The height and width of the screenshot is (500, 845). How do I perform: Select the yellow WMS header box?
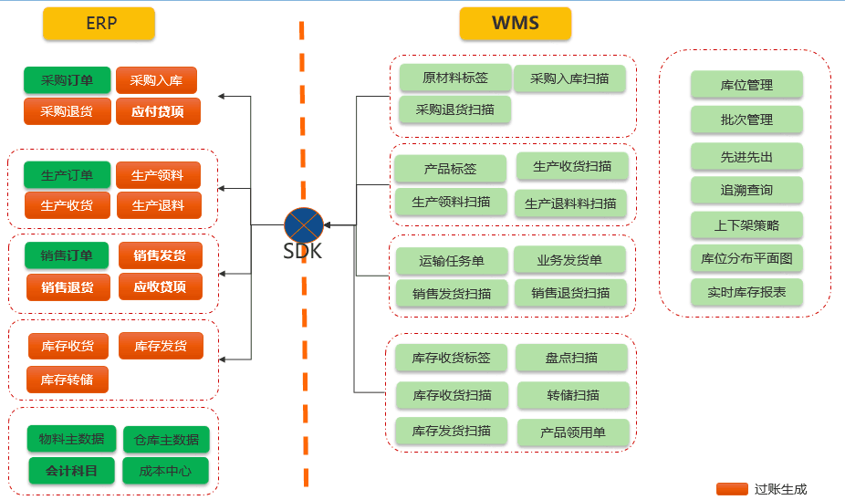tap(515, 24)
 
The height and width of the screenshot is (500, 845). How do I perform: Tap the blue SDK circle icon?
tap(303, 224)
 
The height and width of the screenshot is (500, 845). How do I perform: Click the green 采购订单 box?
tap(67, 80)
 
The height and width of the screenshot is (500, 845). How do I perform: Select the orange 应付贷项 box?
tap(157, 111)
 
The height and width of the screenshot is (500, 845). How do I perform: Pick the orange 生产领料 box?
tap(157, 175)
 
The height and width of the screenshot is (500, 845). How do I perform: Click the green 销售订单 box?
tap(67, 255)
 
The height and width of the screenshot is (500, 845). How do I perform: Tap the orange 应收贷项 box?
tap(160, 286)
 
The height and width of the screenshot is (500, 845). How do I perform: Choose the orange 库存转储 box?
tap(67, 379)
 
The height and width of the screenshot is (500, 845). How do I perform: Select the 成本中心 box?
tap(165, 471)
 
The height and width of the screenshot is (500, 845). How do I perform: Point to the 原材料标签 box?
tap(454, 78)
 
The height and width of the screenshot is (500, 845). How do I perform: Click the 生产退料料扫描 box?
tap(570, 203)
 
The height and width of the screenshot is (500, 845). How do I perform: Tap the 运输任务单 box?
tap(451, 261)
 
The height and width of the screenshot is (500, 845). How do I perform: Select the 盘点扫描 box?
tap(571, 358)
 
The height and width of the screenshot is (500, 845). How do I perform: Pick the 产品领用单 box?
tap(573, 432)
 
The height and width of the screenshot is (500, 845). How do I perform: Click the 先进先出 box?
tap(746, 157)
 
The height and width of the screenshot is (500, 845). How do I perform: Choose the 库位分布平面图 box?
tap(746, 258)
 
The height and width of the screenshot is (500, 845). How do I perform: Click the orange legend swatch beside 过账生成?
tap(732, 489)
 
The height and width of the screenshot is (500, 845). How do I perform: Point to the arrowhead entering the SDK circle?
tap(327, 224)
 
